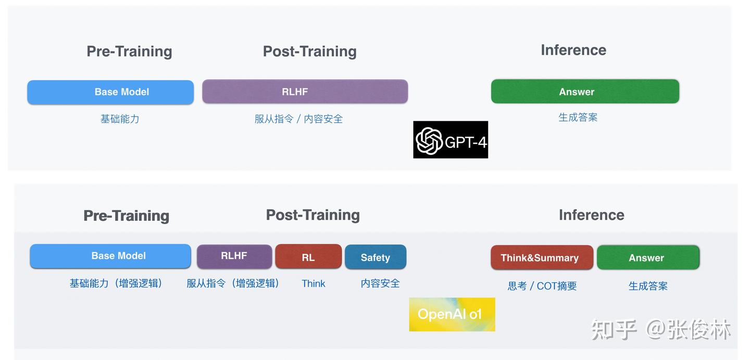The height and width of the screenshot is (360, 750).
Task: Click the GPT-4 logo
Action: [451, 140]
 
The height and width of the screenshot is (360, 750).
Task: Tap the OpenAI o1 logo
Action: [452, 314]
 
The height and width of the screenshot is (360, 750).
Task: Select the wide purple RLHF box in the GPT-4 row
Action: [305, 92]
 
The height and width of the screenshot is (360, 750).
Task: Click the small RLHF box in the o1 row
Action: [234, 256]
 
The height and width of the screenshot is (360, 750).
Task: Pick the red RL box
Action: [308, 257]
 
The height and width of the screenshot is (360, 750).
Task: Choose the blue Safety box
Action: [376, 257]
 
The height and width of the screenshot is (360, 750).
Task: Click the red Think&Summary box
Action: [542, 258]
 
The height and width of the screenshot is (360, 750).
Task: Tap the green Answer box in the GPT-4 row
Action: [585, 92]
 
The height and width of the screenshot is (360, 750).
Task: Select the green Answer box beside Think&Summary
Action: [647, 258]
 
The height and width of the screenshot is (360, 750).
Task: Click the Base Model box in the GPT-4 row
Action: [110, 92]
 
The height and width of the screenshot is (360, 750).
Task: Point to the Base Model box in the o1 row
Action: [110, 256]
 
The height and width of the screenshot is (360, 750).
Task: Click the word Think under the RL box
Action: [314, 283]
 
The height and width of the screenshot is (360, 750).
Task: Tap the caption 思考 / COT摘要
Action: [542, 286]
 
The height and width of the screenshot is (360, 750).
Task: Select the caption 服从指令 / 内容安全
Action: [298, 119]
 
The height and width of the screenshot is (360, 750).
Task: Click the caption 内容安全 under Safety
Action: [380, 283]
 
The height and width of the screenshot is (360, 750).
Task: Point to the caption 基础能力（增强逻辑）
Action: [116, 283]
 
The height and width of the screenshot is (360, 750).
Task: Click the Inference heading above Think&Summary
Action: [591, 215]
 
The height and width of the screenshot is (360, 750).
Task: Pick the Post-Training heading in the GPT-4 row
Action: [309, 51]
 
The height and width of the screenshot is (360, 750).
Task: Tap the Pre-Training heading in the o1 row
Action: [126, 216]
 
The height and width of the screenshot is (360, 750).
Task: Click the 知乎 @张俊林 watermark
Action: [661, 329]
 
